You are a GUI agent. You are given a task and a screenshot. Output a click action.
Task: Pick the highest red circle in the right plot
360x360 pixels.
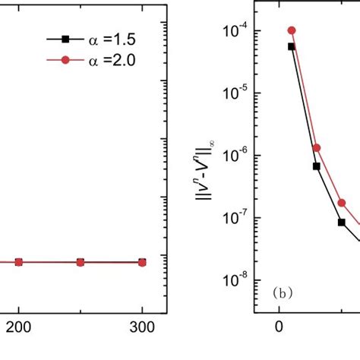pyautogui.click(x=292, y=30)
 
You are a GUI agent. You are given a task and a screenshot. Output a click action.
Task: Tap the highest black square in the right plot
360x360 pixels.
pyautogui.click(x=292, y=46)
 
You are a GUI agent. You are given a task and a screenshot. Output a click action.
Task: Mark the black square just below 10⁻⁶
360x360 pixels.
pyautogui.click(x=317, y=166)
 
